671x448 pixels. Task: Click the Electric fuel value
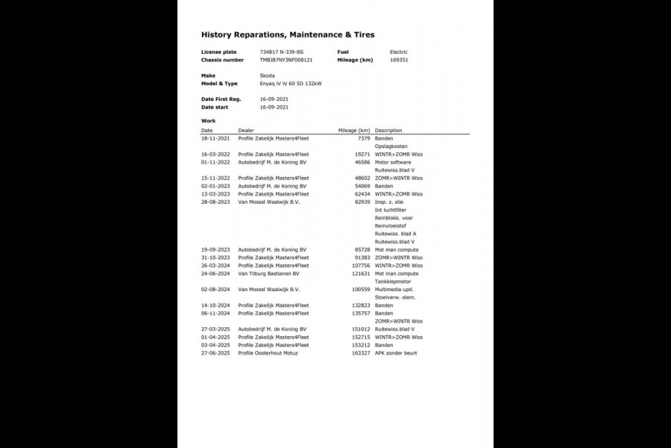(x=399, y=52)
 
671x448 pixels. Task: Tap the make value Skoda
(x=268, y=76)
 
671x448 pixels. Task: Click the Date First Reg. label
(x=221, y=99)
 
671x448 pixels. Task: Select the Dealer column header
(x=246, y=130)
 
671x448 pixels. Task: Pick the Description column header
(x=388, y=130)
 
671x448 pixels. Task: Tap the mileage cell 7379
(x=364, y=138)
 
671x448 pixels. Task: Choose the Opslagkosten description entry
(x=391, y=146)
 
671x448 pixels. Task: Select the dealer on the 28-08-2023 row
(x=268, y=202)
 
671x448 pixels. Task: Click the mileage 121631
(x=360, y=273)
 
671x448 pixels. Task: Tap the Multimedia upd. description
(x=395, y=289)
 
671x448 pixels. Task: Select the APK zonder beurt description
(x=396, y=352)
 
